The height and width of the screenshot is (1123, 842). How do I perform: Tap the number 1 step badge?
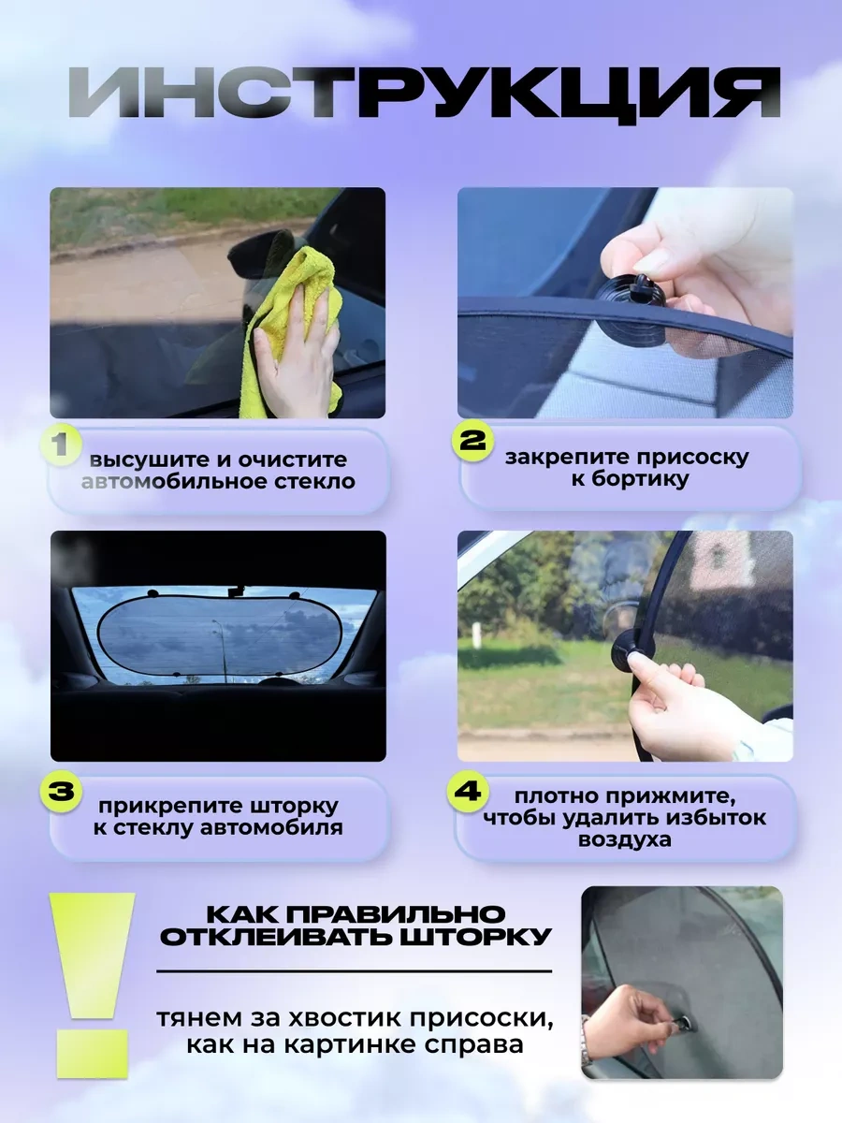[63, 445]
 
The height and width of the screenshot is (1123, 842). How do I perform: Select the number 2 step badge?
[472, 441]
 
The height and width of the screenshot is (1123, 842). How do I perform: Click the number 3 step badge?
[62, 792]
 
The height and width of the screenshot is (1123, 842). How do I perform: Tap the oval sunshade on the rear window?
[219, 635]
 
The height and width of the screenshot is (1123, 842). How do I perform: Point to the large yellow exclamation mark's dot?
[93, 1054]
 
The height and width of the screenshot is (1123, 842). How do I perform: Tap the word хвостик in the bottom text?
[356, 1017]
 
